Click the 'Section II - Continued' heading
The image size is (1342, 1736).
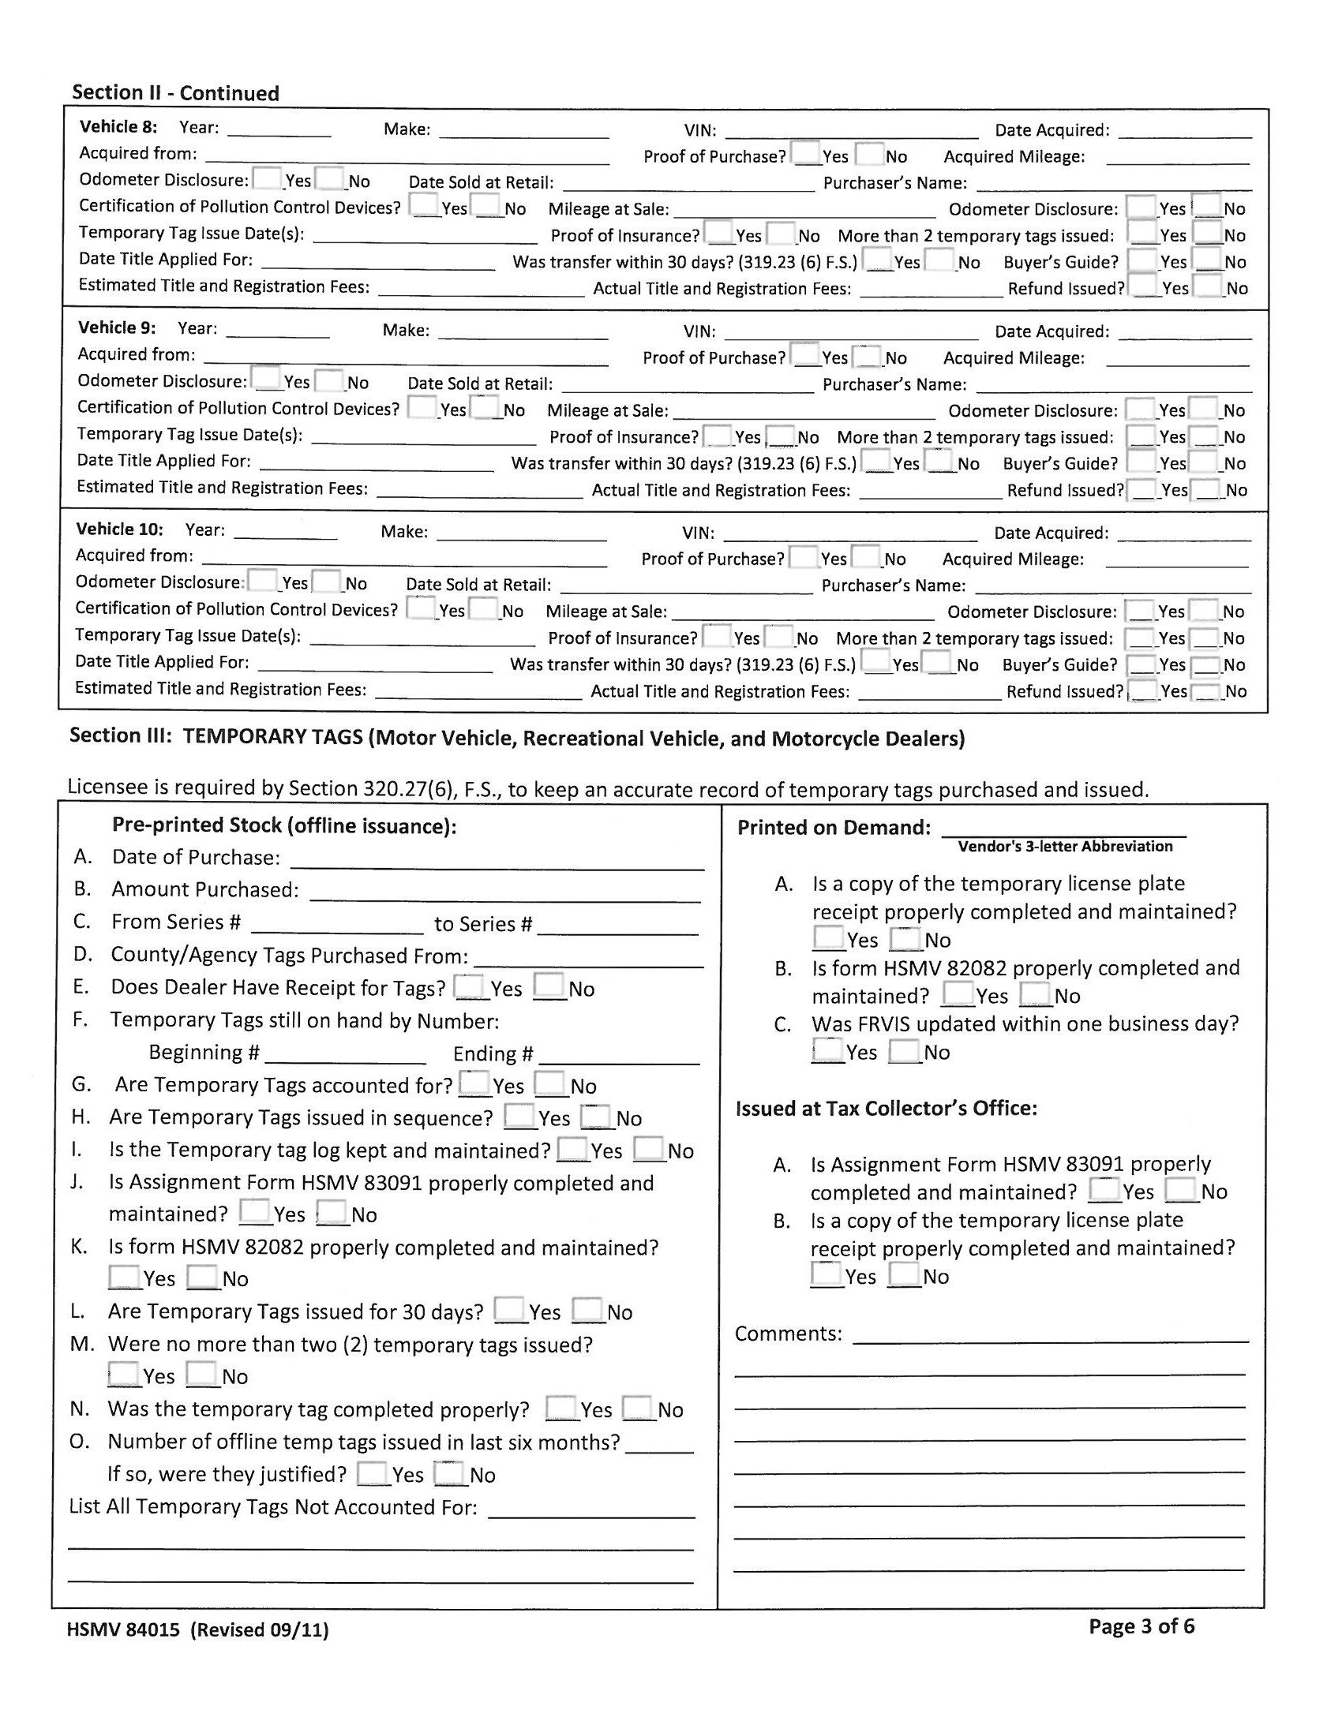click(x=175, y=93)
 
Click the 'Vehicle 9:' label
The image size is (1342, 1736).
click(x=116, y=327)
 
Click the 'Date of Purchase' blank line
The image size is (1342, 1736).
click(x=497, y=863)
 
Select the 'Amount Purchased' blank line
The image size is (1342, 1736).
click(x=506, y=896)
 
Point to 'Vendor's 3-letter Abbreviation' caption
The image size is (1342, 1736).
click(x=1065, y=847)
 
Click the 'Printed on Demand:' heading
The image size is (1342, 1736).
click(x=833, y=828)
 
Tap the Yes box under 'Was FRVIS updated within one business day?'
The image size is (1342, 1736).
click(x=827, y=1050)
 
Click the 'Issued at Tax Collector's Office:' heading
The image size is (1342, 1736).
click(x=886, y=1108)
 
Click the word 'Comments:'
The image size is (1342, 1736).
click(x=787, y=1333)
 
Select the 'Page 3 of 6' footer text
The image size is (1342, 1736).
click(x=1141, y=1626)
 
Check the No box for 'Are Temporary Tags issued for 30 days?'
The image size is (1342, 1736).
click(x=587, y=1309)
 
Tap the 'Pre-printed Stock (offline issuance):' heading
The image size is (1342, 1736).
click(x=284, y=826)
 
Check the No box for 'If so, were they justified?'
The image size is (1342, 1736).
click(x=449, y=1472)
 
